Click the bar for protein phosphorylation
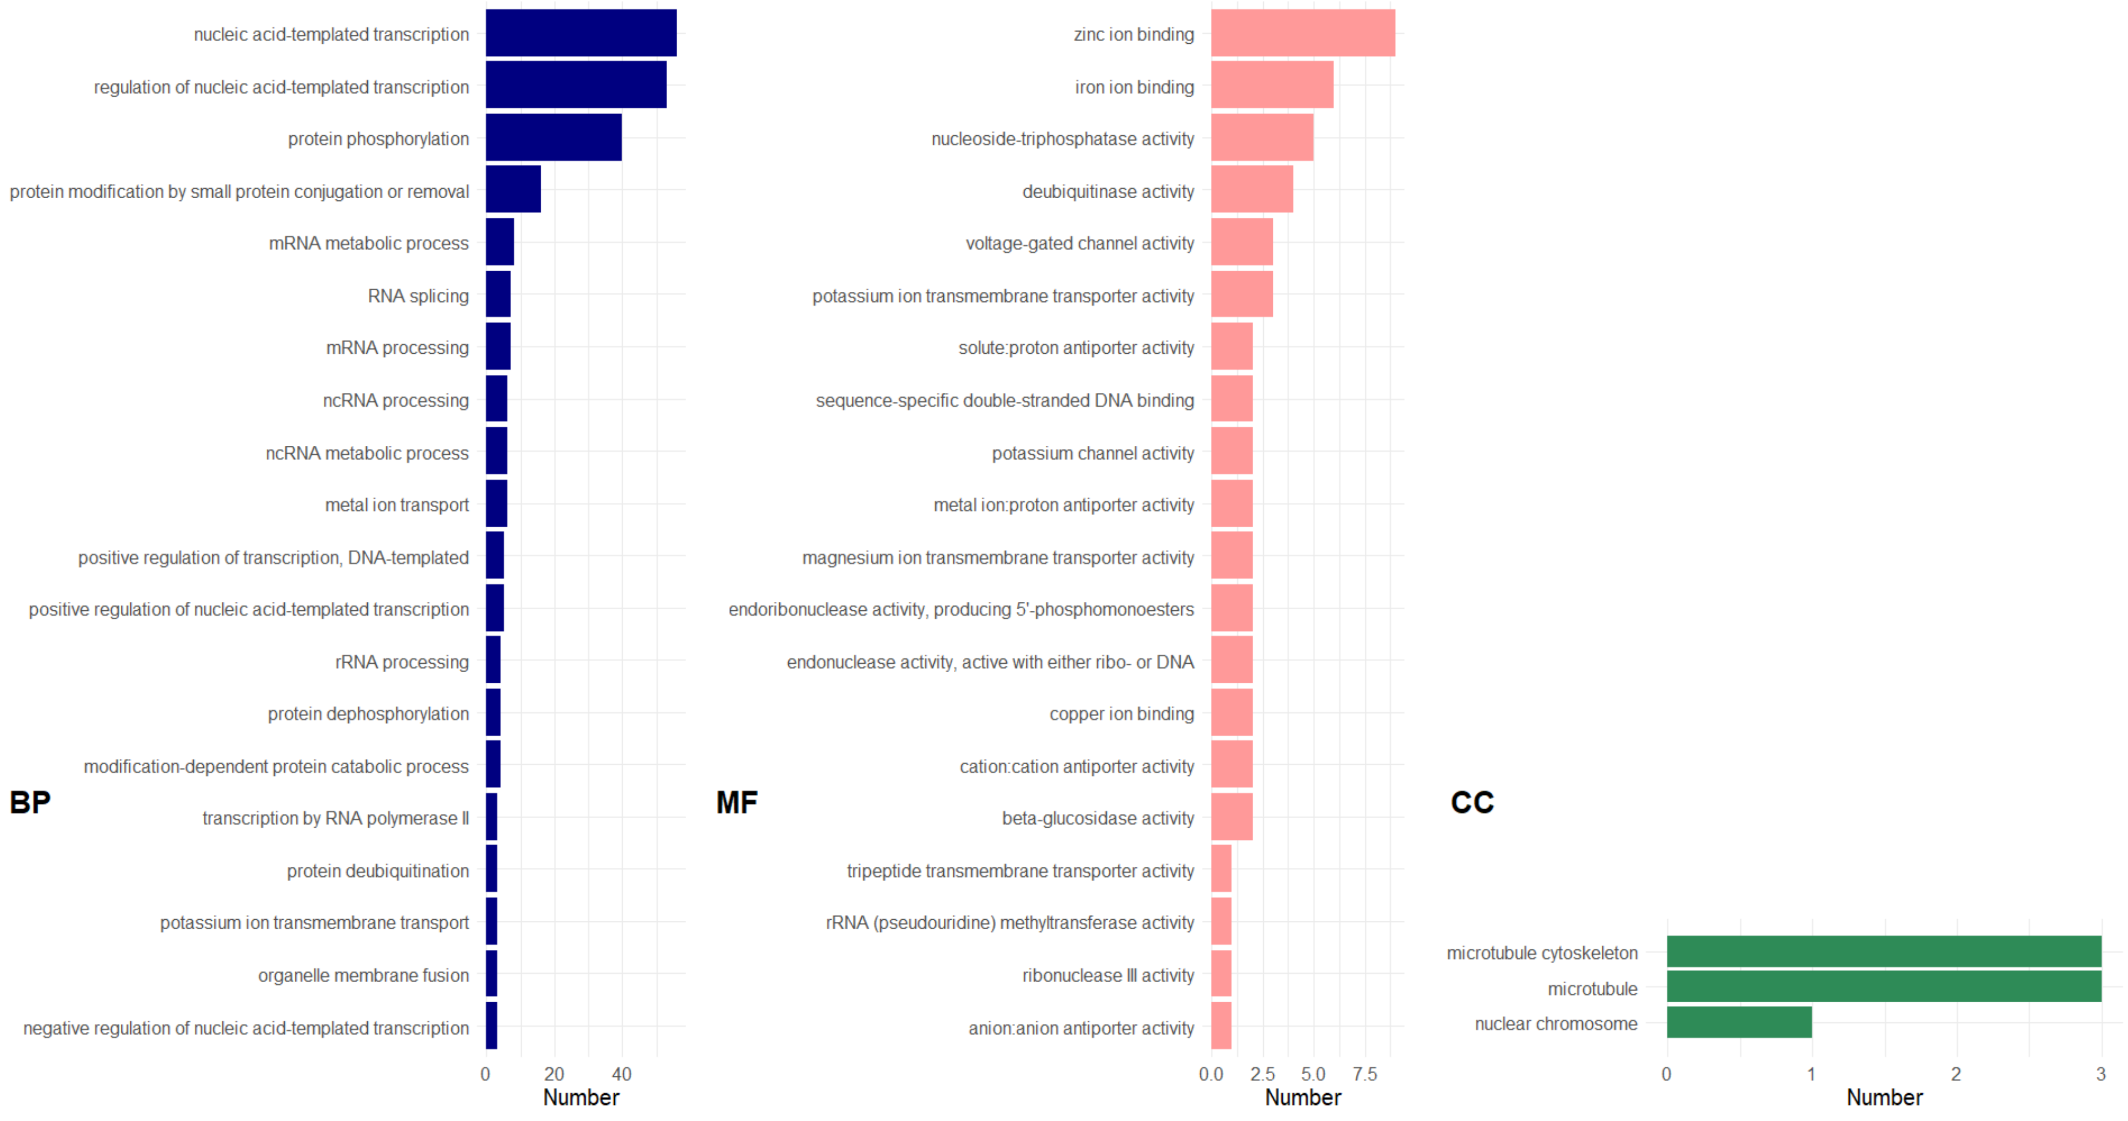pyautogui.click(x=553, y=137)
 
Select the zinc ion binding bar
pyautogui.click(x=1303, y=33)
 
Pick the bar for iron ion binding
pyautogui.click(x=1272, y=85)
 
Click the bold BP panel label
pyautogui.click(x=30, y=802)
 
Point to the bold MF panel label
pyautogui.click(x=736, y=802)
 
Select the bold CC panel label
pyautogui.click(x=1472, y=802)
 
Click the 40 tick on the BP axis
pyautogui.click(x=621, y=1074)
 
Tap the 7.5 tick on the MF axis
pyautogui.click(x=1365, y=1074)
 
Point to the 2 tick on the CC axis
pyautogui.click(x=1956, y=1074)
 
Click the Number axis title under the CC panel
pyautogui.click(x=1885, y=1098)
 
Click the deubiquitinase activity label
pyautogui.click(x=1108, y=192)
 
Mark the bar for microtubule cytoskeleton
pyautogui.click(x=1884, y=951)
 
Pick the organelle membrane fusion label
pyautogui.click(x=364, y=976)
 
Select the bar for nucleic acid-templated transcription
pyautogui.click(x=581, y=33)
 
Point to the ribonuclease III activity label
pyautogui.click(x=1108, y=976)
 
